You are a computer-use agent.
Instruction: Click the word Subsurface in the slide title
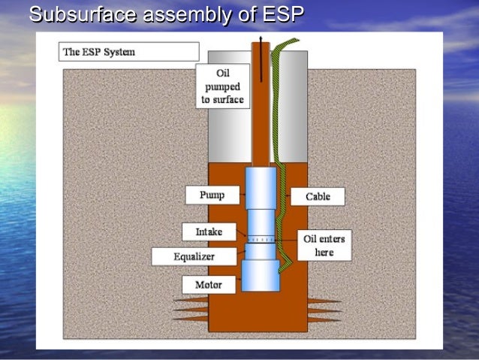coord(74,14)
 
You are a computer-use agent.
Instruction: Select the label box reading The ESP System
coord(128,52)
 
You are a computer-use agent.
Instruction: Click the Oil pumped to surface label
coord(222,86)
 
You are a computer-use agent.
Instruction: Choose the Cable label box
coord(318,197)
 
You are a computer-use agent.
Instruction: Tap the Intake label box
coord(209,231)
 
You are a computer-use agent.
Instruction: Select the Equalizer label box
coord(194,256)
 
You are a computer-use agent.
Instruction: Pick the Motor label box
coord(209,285)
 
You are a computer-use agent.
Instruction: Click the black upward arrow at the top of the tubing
coord(261,45)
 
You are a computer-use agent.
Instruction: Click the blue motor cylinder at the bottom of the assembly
coord(260,276)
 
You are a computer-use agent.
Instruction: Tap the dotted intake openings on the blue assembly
coord(261,239)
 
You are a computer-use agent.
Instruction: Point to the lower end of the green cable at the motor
coord(281,267)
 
